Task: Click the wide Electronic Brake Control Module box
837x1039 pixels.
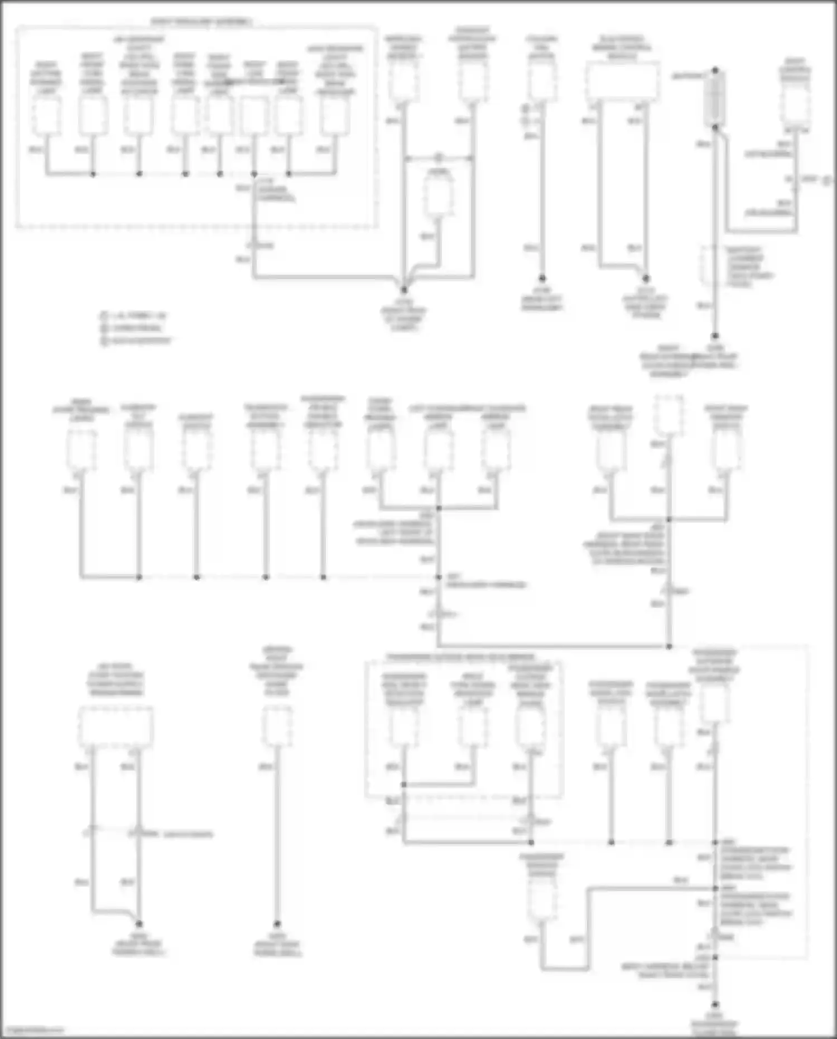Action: click(622, 81)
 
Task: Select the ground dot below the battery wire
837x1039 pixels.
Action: click(715, 337)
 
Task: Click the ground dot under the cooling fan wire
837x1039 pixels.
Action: click(541, 277)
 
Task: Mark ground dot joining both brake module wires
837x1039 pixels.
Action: click(646, 277)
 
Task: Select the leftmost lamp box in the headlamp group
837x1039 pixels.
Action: click(46, 116)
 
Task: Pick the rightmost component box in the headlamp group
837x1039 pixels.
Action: click(335, 116)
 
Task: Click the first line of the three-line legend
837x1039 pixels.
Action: click(134, 315)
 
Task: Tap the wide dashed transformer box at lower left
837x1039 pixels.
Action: click(116, 727)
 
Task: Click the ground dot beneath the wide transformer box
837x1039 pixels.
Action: click(139, 924)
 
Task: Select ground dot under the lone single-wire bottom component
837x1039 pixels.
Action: click(277, 924)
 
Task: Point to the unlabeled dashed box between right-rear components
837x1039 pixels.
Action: click(668, 414)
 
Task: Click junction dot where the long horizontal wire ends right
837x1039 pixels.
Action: click(669, 647)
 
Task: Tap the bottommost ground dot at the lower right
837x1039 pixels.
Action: click(715, 1005)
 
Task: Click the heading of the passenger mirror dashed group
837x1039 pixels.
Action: click(461, 657)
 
